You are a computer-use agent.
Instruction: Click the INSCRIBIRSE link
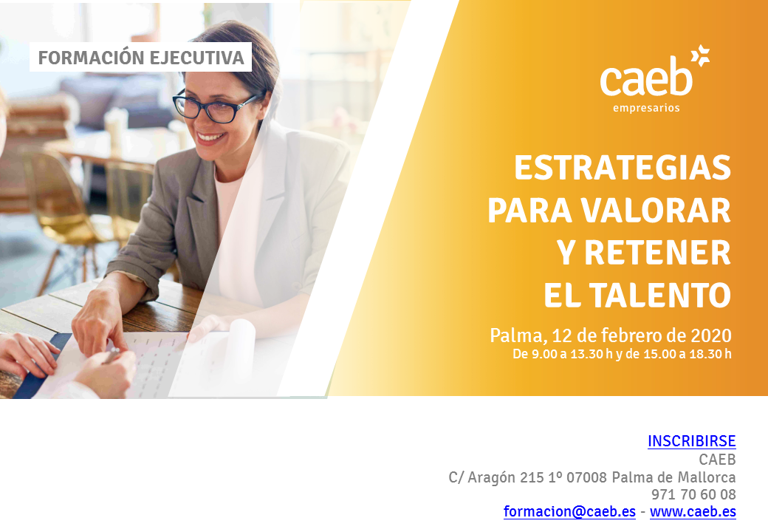pos(692,441)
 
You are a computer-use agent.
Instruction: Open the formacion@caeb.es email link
pos(569,511)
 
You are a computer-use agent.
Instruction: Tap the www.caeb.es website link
pos(693,511)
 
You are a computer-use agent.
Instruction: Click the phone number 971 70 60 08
pos(693,494)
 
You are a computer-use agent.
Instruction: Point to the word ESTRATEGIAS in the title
pos(623,168)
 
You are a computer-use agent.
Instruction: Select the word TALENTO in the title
pos(659,295)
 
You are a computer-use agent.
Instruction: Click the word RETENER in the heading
pos(657,253)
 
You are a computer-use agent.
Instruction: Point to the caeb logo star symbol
pos(700,55)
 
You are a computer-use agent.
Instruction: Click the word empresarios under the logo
pos(646,109)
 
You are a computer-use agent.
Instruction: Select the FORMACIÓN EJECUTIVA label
pos(141,58)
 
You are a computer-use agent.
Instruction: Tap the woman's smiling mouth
pos(211,137)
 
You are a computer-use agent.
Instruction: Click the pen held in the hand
pos(112,355)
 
